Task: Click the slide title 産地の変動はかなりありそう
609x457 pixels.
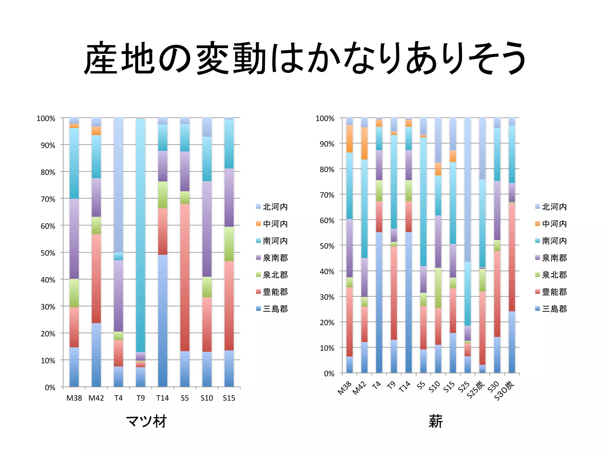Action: pyautogui.click(x=304, y=58)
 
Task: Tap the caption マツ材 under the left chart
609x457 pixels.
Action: pyautogui.click(x=146, y=421)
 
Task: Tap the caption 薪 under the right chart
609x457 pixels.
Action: pyautogui.click(x=435, y=421)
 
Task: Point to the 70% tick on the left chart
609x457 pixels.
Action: pyautogui.click(x=48, y=199)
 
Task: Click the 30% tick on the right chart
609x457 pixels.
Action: pyautogui.click(x=327, y=297)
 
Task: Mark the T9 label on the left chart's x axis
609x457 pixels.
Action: pyautogui.click(x=140, y=398)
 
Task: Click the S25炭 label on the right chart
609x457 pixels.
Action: pyautogui.click(x=476, y=390)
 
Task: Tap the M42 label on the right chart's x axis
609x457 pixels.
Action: pyautogui.click(x=360, y=388)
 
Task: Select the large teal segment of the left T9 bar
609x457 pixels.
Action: pyautogui.click(x=140, y=235)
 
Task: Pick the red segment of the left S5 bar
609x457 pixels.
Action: pyautogui.click(x=185, y=277)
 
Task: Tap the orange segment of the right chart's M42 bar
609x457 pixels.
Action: pyautogui.click(x=364, y=143)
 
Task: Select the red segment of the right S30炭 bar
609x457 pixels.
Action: pyautogui.click(x=511, y=257)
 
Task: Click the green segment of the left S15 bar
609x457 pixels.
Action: pyautogui.click(x=229, y=244)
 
